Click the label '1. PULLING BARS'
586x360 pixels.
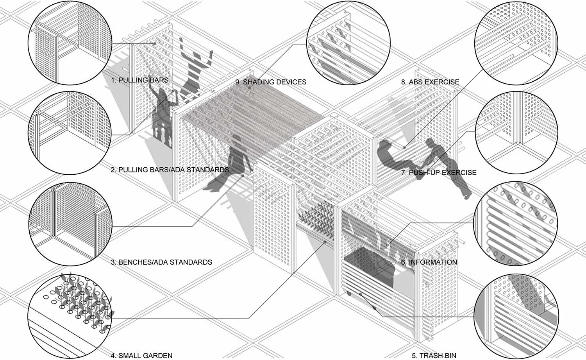[x=140, y=80]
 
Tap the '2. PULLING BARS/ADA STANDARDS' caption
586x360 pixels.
[x=170, y=170]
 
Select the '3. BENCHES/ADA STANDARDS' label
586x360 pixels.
[x=161, y=262]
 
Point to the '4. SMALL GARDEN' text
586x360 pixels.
[x=141, y=356]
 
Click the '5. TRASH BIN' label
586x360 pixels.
[x=434, y=356]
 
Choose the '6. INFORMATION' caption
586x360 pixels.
[x=429, y=262]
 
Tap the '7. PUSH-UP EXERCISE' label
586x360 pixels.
[x=439, y=172]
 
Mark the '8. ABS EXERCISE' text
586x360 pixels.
[x=430, y=82]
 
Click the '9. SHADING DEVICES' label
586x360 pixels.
[x=271, y=82]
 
